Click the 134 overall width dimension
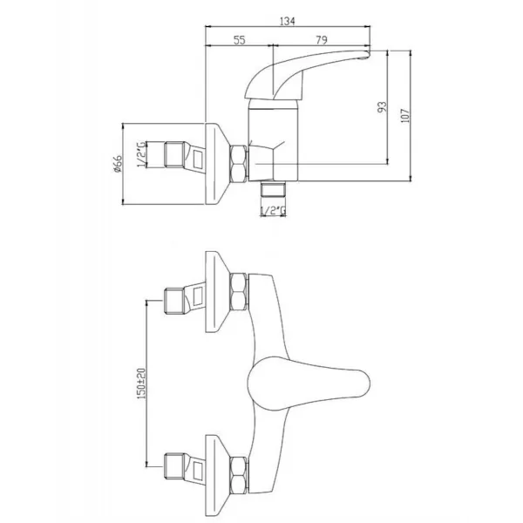(287, 21)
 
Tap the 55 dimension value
(239, 40)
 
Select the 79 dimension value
(321, 40)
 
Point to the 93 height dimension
(383, 107)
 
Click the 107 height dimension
(405, 115)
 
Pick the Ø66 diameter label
(118, 164)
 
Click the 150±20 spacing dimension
(141, 384)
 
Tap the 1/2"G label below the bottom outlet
(273, 211)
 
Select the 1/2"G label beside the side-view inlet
(141, 154)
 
